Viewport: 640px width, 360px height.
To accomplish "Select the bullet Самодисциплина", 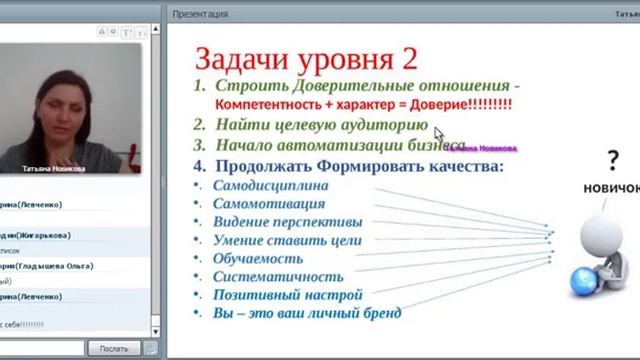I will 270,185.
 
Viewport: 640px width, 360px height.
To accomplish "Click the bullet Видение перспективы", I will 288,221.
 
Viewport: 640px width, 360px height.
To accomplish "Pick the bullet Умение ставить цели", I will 287,240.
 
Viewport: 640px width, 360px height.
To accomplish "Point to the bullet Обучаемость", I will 257,258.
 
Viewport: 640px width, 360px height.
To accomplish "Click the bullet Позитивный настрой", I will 287,295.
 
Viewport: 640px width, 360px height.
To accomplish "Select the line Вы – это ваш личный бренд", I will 307,313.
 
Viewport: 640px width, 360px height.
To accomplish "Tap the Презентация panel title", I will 200,14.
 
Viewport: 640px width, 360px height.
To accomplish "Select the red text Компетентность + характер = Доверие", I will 363,104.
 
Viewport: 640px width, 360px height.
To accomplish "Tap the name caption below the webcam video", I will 59,169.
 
